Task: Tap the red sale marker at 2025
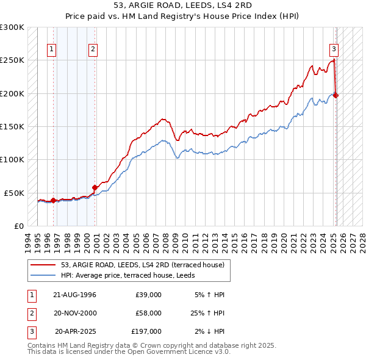pos(336,95)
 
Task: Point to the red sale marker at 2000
pos(95,187)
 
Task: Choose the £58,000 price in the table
pos(149,313)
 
